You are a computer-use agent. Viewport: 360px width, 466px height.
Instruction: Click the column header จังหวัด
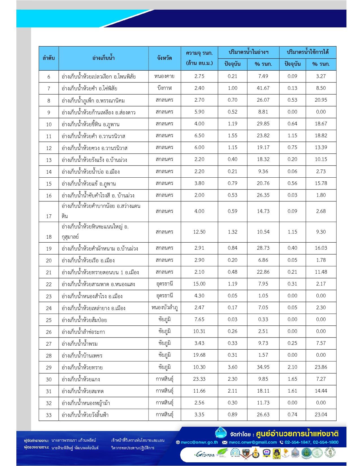pos(165,58)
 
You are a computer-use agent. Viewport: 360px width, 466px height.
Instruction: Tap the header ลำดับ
pos(49,58)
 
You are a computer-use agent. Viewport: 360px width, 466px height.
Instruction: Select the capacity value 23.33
pos(199,379)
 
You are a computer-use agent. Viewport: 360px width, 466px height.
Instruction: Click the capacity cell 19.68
pos(199,355)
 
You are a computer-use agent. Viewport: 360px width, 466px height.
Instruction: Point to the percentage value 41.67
pos(263,88)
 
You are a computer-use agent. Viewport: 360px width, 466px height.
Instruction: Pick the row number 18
pos(49,237)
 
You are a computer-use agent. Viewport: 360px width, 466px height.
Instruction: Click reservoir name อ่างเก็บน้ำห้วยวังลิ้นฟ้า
pos(85,415)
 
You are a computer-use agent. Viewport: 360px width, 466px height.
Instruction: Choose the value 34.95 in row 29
pos(263,367)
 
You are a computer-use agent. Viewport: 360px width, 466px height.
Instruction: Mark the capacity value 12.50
pos(199,232)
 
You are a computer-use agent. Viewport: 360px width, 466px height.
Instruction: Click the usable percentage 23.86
pos(321,367)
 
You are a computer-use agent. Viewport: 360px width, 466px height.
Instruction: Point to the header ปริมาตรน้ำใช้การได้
pos(307,52)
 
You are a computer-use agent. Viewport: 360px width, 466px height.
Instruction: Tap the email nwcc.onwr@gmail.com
pos(252,442)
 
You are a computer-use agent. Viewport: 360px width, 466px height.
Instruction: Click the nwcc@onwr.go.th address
pos(199,442)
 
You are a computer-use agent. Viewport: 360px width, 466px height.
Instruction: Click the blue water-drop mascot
pos(221,433)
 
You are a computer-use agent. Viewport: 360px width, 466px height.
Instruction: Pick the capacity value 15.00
pos(199,284)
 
